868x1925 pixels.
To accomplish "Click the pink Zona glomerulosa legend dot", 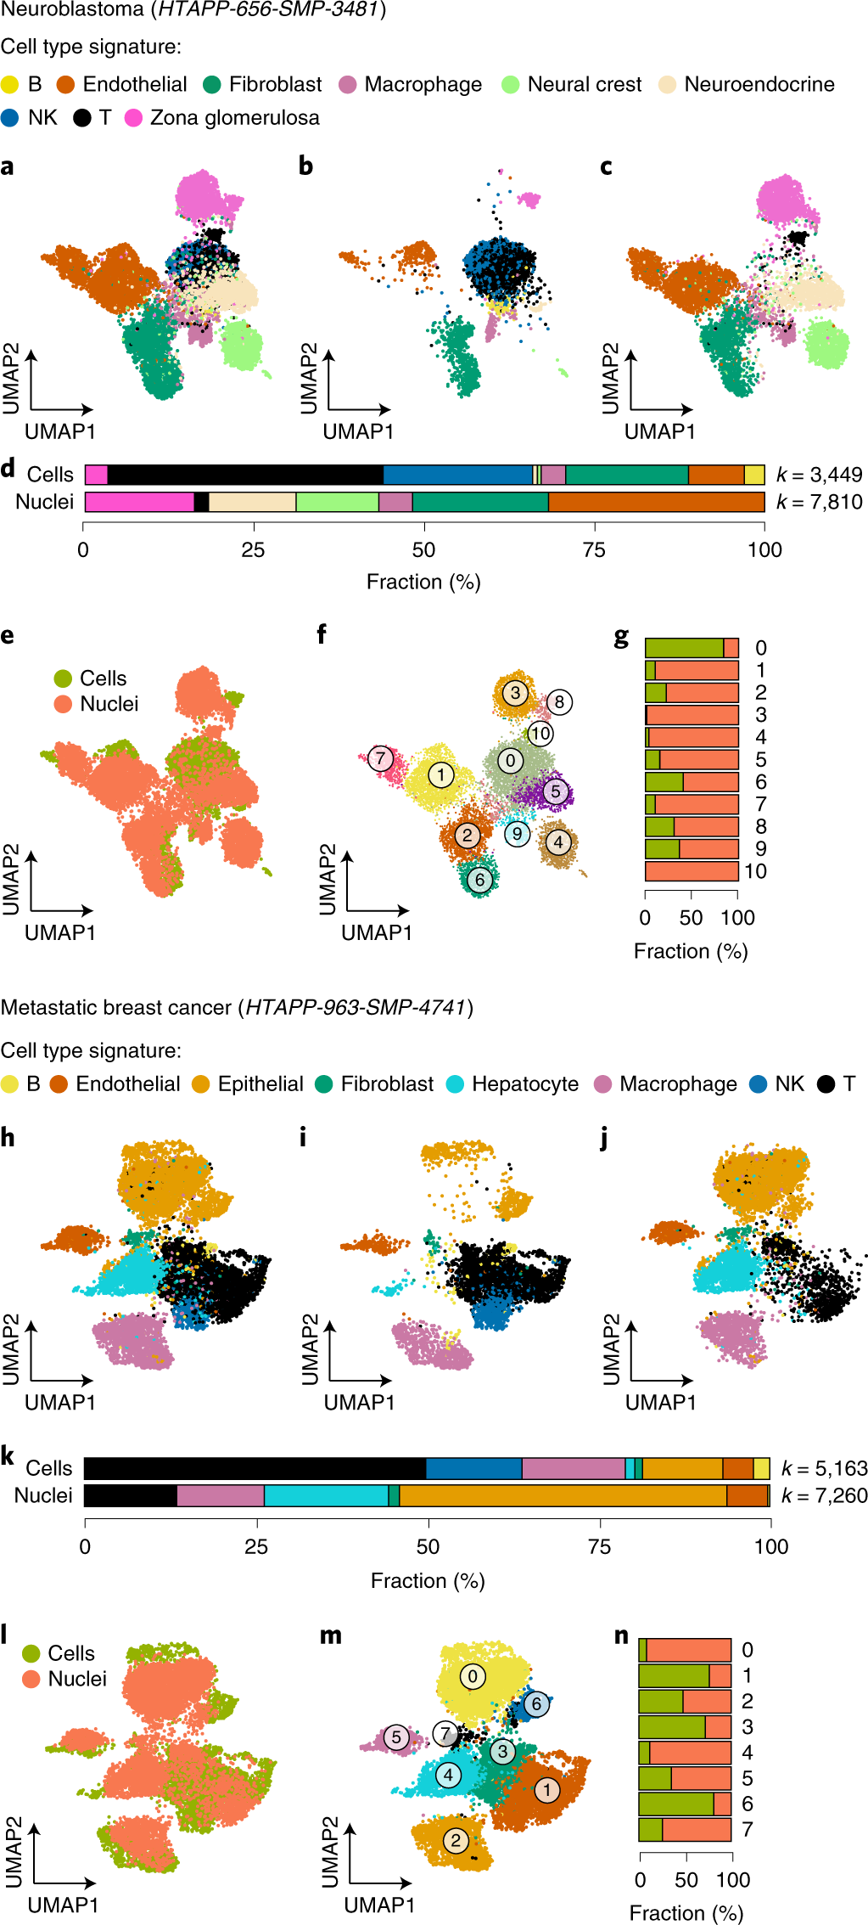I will [x=133, y=118].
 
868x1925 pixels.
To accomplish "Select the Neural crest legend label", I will [x=584, y=85].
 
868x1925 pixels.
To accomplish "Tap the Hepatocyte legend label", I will [x=524, y=1084].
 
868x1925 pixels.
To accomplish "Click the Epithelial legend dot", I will [x=200, y=1084].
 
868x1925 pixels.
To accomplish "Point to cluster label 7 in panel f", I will [x=380, y=757].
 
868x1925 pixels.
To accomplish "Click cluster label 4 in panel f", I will [x=557, y=842].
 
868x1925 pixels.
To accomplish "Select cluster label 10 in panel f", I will [x=540, y=733].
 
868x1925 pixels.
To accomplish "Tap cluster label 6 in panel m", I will [x=535, y=1703].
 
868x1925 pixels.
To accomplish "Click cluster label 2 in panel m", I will [x=456, y=1840].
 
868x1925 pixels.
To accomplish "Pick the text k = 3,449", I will [x=819, y=475].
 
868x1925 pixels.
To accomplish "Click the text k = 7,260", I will [x=824, y=1495].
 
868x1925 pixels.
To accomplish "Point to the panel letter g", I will [x=622, y=638].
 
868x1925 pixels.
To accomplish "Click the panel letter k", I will [x=8, y=1456].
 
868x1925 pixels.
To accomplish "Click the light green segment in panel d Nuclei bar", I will [x=337, y=502].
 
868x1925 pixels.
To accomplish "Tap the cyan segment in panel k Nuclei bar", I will [x=326, y=1495].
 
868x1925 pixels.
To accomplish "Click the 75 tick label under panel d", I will [x=594, y=550].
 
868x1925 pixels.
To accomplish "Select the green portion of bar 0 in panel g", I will [x=684, y=648].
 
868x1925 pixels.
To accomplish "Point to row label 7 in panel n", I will [x=747, y=1829].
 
